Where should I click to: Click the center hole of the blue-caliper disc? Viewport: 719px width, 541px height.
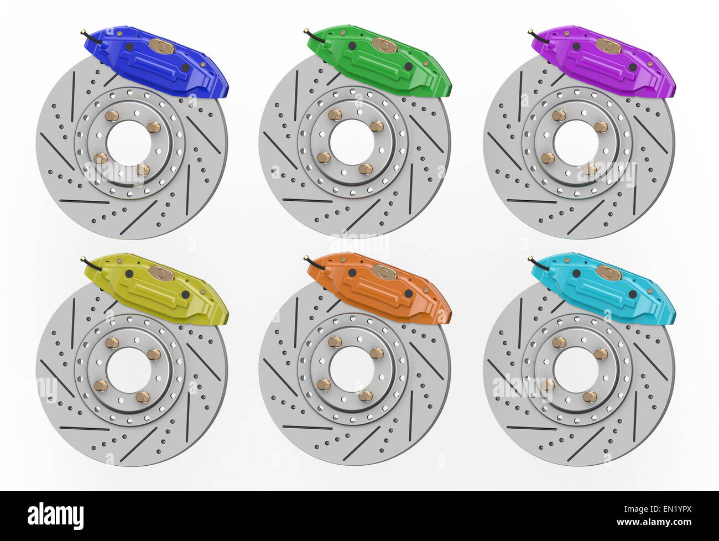click(x=128, y=143)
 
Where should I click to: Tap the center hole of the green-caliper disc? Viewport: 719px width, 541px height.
click(x=351, y=142)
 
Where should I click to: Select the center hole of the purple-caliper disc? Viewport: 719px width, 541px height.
click(x=575, y=143)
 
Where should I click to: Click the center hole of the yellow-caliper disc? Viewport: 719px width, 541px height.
click(x=128, y=370)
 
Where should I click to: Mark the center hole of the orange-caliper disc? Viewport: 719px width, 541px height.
click(x=351, y=369)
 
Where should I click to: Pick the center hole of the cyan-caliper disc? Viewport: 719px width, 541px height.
click(x=575, y=370)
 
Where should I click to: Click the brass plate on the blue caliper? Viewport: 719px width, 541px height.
click(x=161, y=46)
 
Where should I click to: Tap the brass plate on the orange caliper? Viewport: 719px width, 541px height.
click(x=384, y=272)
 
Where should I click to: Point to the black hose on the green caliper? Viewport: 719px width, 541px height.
click(x=314, y=35)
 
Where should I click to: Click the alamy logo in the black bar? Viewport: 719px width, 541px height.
click(x=55, y=516)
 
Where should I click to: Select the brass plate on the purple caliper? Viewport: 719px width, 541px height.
click(x=608, y=46)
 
